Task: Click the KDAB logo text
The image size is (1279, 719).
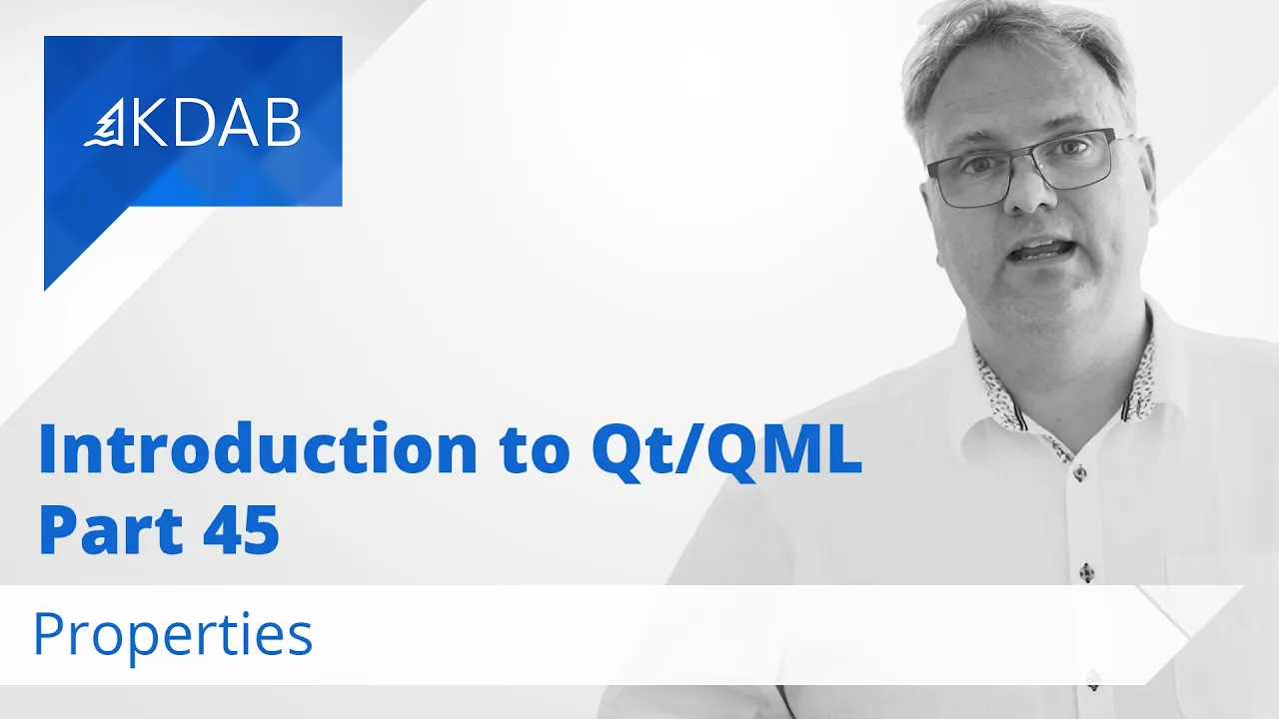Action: (215, 122)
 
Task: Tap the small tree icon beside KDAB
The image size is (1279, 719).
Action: (105, 122)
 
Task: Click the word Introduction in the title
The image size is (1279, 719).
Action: (258, 449)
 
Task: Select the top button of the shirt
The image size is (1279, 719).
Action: (1079, 472)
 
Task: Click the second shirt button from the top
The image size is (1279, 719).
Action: (1087, 572)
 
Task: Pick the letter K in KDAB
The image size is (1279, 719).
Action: (149, 122)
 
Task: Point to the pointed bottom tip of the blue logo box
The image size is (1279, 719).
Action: (45, 290)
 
